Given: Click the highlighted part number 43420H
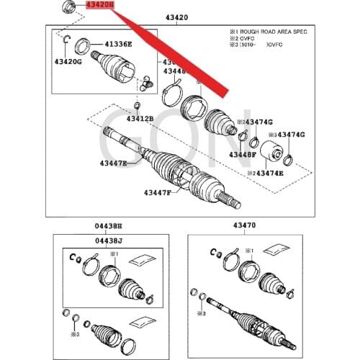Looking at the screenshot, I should click(99, 5).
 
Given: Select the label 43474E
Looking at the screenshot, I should click(269, 174).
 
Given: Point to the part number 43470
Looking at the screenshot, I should click(244, 226).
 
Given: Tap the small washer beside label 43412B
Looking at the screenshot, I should click(137, 106).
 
